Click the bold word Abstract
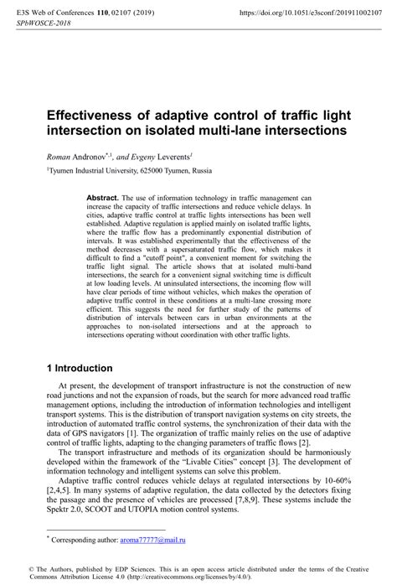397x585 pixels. point(106,197)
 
